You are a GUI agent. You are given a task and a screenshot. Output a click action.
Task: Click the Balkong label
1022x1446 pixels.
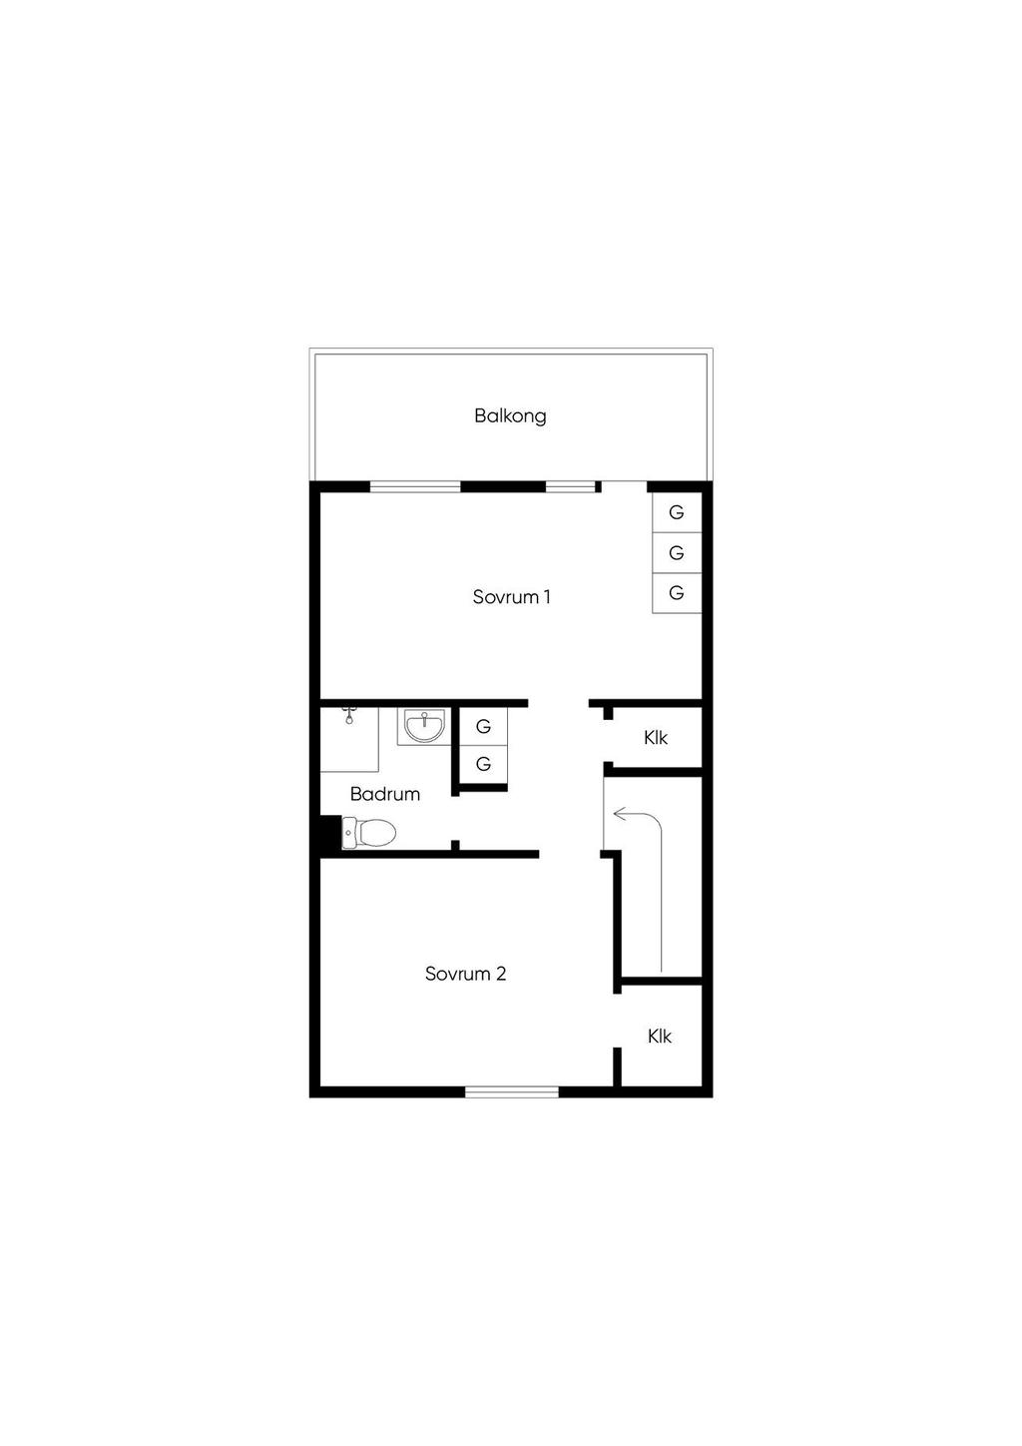510,415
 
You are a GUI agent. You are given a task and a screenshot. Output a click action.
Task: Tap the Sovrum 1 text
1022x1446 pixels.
511,597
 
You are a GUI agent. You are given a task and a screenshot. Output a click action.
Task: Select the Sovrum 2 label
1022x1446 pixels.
465,974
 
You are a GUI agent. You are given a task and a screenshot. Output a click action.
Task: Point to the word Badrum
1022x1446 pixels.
384,794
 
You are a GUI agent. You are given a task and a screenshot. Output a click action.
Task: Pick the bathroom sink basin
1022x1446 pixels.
424,726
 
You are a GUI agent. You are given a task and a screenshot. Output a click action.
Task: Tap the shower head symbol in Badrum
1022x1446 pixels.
349,714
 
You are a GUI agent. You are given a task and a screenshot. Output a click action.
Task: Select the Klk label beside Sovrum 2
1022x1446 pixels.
659,1037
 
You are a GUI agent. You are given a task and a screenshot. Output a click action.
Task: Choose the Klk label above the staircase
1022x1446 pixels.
656,738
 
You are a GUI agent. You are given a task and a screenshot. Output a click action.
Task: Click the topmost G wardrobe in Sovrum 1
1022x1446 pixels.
677,513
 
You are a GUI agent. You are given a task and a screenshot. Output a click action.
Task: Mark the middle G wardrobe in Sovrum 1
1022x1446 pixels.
677,553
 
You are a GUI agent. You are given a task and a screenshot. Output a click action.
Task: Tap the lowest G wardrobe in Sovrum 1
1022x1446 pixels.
677,593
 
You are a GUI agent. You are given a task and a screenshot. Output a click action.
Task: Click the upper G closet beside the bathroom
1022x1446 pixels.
483,727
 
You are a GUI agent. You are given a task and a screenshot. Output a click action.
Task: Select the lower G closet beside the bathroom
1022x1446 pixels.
483,765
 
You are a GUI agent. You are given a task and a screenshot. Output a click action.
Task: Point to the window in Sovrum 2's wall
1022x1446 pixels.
512,1091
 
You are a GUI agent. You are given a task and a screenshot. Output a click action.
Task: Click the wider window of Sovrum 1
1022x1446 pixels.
415,487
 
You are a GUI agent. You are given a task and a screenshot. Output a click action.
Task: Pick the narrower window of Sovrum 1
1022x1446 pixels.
569,487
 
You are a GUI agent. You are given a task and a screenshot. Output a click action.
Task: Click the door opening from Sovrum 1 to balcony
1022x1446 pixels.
624,487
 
